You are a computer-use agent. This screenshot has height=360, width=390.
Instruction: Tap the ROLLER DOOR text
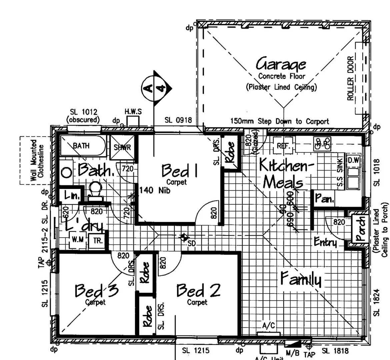350,78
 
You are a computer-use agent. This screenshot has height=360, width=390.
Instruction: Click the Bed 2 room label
198,290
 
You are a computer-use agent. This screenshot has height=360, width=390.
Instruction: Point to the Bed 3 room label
96,290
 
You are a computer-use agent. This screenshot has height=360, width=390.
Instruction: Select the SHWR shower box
122,147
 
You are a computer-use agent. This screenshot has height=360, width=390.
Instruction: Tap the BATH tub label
81,146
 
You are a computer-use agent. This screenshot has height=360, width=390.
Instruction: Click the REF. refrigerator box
283,146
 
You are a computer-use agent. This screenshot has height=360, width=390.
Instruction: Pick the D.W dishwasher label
353,160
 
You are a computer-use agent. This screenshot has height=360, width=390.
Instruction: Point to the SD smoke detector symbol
183,238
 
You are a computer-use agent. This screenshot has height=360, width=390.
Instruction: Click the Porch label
360,229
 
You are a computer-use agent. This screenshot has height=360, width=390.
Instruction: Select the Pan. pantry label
324,199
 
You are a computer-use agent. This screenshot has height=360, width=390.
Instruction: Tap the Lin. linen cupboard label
71,196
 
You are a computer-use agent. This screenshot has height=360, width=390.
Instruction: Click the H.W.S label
133,112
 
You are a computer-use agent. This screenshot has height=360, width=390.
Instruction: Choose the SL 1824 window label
376,302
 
